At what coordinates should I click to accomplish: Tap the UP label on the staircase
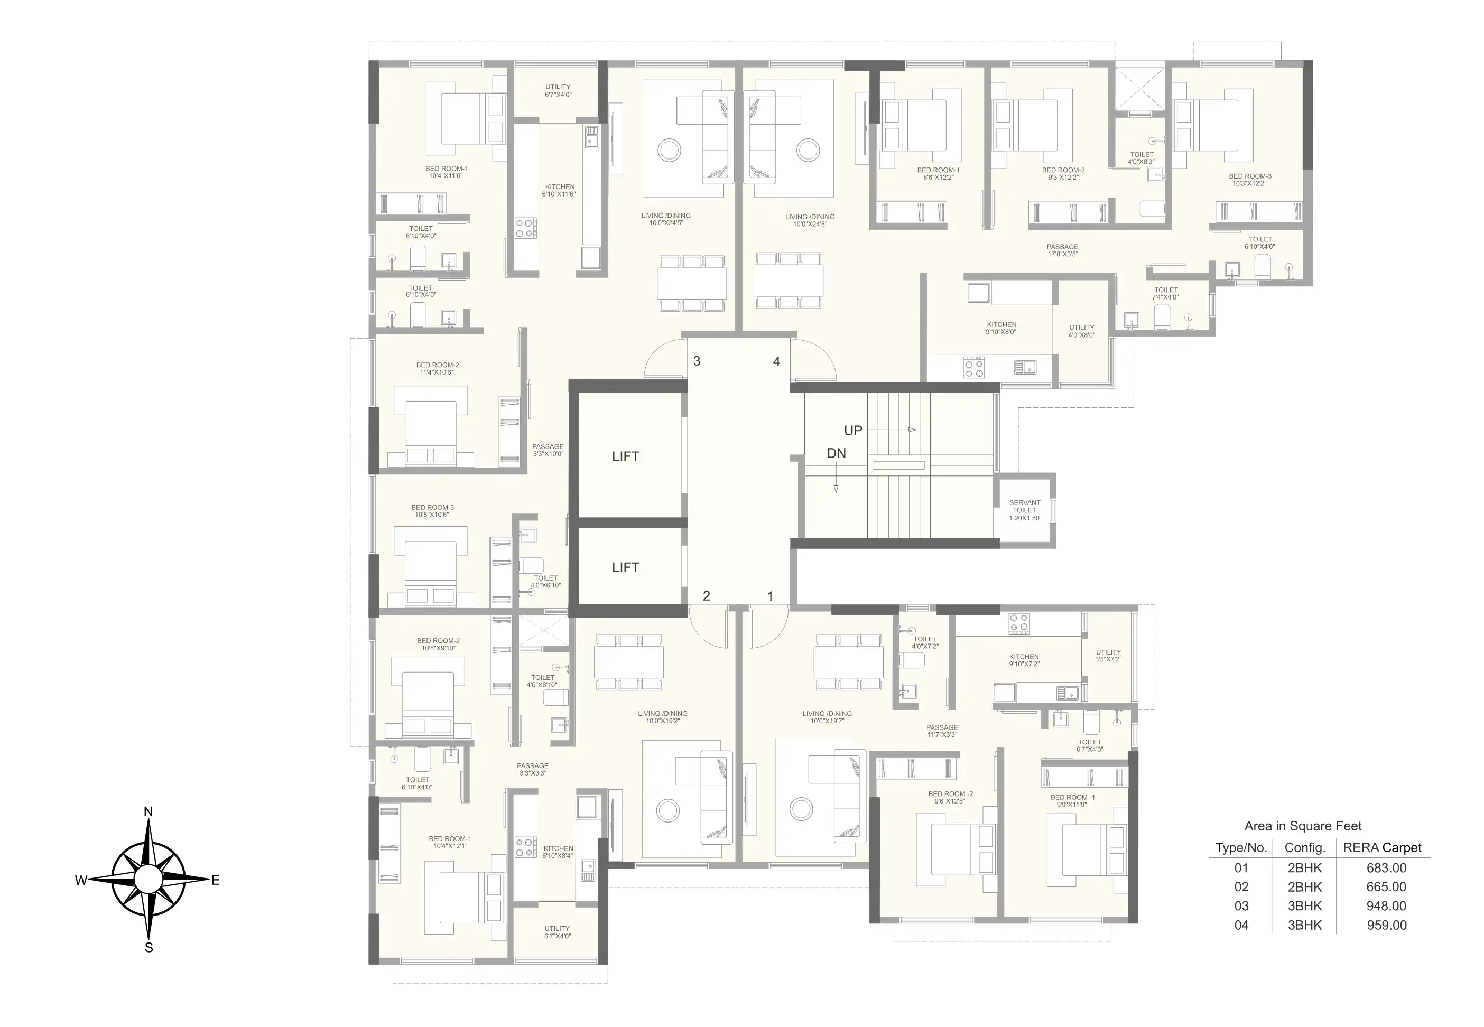(x=854, y=431)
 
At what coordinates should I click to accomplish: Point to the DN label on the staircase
(x=837, y=454)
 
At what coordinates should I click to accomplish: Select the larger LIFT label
(x=626, y=457)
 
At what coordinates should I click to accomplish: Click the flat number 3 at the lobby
(x=697, y=361)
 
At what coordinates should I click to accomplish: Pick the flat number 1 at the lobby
(x=769, y=596)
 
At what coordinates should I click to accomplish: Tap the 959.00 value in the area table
(x=1387, y=926)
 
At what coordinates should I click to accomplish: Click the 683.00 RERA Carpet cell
(x=1387, y=868)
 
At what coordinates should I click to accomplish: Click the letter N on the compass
(x=148, y=812)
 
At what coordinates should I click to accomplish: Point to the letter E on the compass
(x=216, y=880)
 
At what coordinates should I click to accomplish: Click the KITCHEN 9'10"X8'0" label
(x=1001, y=329)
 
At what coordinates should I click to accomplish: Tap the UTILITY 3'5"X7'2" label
(x=1108, y=656)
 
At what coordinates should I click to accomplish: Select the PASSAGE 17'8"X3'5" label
(x=1062, y=250)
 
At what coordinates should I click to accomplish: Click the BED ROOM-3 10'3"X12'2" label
(x=1250, y=180)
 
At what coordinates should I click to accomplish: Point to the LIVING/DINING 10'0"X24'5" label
(x=666, y=219)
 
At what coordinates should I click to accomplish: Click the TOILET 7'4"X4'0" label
(x=1165, y=293)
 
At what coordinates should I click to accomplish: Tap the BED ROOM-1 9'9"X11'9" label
(x=1073, y=800)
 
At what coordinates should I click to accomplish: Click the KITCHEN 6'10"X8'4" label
(x=558, y=852)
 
